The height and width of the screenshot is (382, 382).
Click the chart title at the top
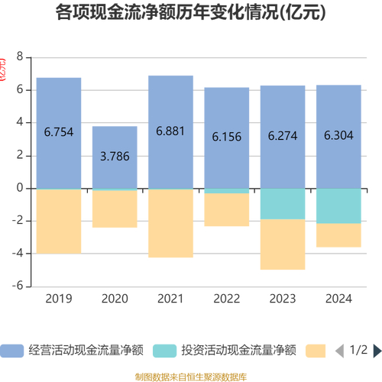191,13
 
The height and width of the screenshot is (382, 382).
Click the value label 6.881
170,131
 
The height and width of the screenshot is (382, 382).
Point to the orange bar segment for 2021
170,223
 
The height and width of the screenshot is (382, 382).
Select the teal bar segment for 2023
283,204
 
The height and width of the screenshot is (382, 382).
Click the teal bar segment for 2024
338,206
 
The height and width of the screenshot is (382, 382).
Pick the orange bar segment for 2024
338,235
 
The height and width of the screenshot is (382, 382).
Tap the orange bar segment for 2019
59,222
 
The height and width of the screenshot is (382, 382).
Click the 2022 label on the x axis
226,299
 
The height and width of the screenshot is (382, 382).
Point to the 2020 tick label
115,299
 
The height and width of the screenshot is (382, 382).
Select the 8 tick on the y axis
20,57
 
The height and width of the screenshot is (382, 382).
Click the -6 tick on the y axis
18,286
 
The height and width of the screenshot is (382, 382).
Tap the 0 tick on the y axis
20,188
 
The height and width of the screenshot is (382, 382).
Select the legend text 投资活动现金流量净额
238,351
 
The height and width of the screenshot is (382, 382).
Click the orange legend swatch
315,351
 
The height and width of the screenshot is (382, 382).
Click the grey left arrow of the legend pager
339,351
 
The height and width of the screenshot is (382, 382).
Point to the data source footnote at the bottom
191,376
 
